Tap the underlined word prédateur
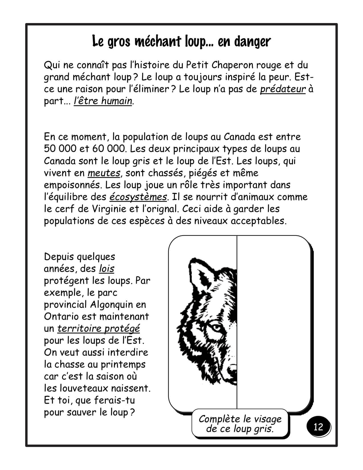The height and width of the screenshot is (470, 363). [x=283, y=89]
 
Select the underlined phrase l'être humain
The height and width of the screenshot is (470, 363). [x=103, y=101]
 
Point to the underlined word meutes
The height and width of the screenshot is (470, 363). [x=104, y=173]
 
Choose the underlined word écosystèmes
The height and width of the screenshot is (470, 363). [x=138, y=197]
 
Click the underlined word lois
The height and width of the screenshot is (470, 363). [x=107, y=269]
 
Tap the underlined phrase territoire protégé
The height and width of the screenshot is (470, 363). [x=99, y=328]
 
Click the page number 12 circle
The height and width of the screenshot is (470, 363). [x=319, y=427]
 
